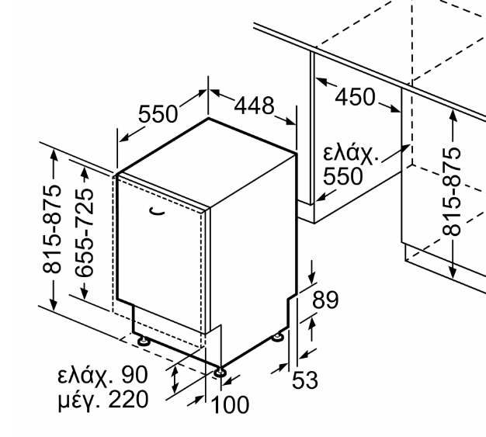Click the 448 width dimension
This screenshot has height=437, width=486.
pos(254,106)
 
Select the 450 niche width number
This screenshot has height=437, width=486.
pos(355,97)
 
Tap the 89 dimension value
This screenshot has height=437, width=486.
pos(325,300)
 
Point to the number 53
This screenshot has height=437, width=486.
pos(305,380)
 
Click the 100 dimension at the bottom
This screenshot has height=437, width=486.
pos(230,404)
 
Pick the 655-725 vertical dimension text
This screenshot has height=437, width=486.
pos(85,232)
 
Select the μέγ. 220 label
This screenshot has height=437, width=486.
pos(103,400)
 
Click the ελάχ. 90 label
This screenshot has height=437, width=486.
pos(102,375)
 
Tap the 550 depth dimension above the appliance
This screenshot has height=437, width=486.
pos(158,114)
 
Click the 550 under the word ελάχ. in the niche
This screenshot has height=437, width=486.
pos(343,176)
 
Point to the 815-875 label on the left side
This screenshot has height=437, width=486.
pos(52,229)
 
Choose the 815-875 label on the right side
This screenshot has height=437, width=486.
pos(451,192)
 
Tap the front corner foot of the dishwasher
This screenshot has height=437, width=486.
pos(220,372)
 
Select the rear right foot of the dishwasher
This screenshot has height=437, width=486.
pos(278,337)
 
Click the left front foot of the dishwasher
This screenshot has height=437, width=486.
pos(144,341)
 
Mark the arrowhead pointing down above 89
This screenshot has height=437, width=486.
pos(312,278)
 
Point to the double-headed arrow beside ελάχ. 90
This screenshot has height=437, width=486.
pos(175,380)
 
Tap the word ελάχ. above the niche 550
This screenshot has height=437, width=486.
pos(351,153)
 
